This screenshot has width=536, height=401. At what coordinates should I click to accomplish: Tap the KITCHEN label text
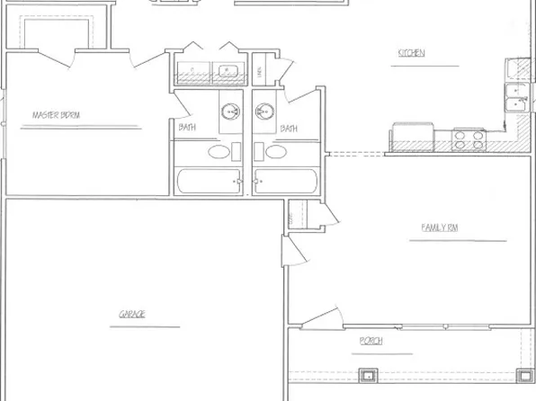point(411,53)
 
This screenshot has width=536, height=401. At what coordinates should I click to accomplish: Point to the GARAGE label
point(132,314)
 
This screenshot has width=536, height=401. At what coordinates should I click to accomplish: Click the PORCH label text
point(371,341)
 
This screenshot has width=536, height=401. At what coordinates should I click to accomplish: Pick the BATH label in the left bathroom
point(186,128)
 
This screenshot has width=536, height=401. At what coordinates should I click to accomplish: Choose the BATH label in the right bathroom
point(288,128)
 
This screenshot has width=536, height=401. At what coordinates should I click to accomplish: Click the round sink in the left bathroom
point(230,112)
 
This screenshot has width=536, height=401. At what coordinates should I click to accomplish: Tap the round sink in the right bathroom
point(264,112)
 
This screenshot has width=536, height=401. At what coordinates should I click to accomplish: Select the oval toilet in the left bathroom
point(219,153)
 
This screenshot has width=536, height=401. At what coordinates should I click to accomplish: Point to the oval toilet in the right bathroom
point(276,153)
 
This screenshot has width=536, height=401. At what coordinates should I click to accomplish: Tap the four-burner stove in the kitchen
point(469,138)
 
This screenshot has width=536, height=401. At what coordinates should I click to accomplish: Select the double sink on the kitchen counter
point(516,88)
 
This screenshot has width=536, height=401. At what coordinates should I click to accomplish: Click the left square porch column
point(365,375)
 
